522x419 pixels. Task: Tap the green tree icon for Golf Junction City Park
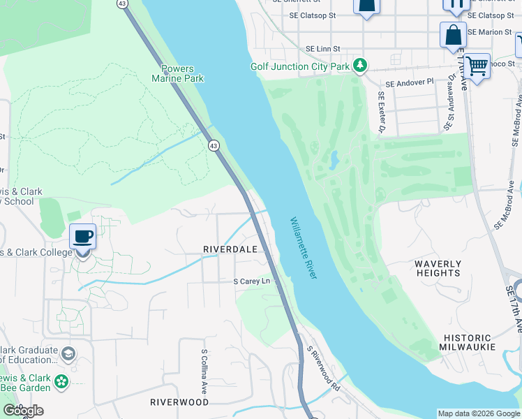tap(360, 66)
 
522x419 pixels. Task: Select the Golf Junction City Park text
tap(299, 66)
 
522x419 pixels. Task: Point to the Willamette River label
tap(304, 248)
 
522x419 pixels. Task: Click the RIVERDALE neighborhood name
tap(230, 249)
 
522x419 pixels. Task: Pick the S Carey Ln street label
tap(251, 281)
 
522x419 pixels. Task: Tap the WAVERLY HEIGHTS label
tap(438, 268)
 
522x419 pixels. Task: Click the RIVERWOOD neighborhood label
tap(179, 402)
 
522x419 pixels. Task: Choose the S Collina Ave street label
tap(204, 371)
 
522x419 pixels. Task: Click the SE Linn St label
tap(322, 49)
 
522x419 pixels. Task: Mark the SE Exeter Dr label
tap(382, 112)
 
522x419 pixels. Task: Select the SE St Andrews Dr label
tap(449, 103)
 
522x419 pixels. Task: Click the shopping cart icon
tap(477, 67)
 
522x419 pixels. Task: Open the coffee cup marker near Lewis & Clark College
tap(83, 236)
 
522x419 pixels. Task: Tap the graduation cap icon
tap(68, 354)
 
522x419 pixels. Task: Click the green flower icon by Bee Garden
tap(62, 382)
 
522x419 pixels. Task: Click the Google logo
tap(23, 411)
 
